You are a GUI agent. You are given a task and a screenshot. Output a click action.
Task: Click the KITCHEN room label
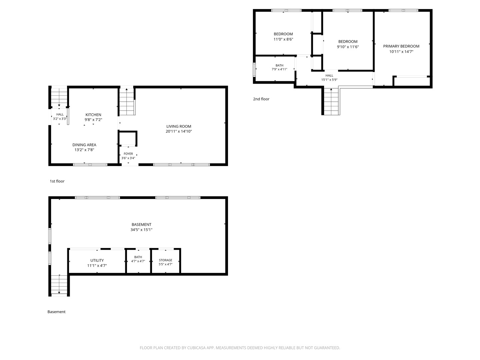[x=93, y=115]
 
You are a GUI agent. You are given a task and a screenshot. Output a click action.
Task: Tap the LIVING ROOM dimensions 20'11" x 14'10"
[x=179, y=131]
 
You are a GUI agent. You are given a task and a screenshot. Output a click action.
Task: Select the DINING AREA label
[x=84, y=145]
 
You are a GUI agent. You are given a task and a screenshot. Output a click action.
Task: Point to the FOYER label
[x=128, y=154]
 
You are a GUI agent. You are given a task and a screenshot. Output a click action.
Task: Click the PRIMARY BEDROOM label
[x=401, y=46]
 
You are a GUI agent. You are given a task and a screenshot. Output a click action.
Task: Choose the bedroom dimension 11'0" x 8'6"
[x=283, y=39]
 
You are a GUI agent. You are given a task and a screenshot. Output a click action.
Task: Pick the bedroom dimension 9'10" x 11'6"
[x=348, y=47]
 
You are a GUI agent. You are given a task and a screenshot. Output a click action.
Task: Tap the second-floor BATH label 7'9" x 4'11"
[x=279, y=67]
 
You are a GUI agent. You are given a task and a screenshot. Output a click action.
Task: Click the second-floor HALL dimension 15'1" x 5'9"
[x=329, y=80]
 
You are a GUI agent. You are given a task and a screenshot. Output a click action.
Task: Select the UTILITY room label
[x=97, y=260]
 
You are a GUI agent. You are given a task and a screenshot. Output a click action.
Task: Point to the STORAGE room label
[x=165, y=260]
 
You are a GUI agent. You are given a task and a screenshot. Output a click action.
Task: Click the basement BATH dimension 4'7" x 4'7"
[x=138, y=261]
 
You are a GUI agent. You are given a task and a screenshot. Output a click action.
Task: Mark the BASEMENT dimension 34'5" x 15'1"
[x=141, y=230]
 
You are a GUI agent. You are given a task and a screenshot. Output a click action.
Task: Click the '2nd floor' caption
[x=261, y=99]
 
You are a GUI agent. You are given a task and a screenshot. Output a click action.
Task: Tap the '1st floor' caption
[x=57, y=181]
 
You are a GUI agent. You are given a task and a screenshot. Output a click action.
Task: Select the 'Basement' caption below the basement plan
[x=56, y=312]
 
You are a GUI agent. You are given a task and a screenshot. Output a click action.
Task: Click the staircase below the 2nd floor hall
[x=331, y=101]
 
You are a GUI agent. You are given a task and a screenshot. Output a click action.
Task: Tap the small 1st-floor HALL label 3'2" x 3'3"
[x=60, y=117]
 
